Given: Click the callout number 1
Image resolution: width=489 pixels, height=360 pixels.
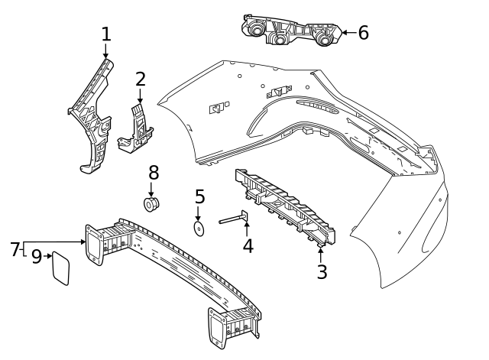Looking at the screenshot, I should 106,34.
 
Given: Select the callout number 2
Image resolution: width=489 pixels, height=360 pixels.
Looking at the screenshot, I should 141,79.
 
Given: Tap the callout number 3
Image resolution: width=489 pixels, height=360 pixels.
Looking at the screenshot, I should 322,271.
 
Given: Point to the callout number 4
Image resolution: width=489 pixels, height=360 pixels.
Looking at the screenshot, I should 248,246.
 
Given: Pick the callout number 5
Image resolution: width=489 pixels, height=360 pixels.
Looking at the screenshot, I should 199,196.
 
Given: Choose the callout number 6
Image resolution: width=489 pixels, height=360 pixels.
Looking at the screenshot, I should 363,33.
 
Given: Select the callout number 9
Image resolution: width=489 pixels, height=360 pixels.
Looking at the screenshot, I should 36,258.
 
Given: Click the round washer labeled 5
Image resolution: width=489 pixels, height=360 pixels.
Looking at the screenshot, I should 199,228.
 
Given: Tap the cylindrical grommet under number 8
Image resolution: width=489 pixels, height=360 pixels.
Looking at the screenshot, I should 151,204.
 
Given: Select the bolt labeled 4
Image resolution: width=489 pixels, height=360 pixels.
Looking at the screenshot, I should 233,220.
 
